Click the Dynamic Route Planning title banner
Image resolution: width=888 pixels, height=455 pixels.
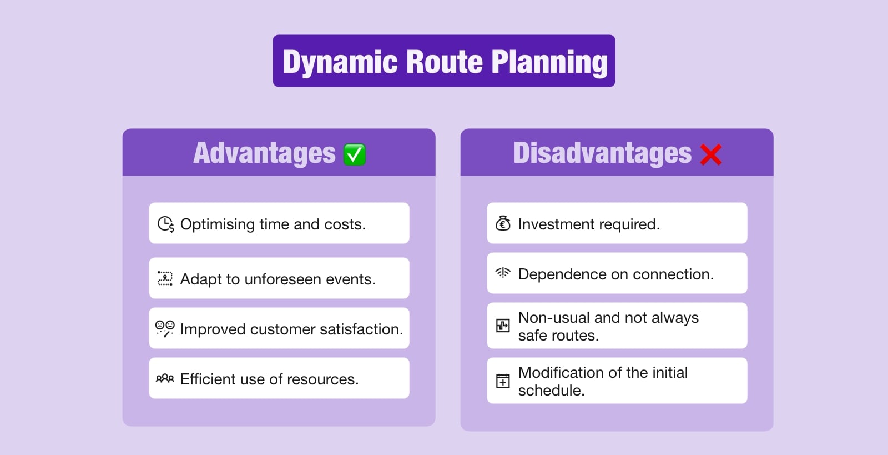(444, 61)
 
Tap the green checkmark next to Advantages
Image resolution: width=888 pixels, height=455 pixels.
(354, 154)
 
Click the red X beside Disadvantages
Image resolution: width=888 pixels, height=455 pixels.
(710, 155)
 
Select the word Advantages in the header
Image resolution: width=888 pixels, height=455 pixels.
(264, 153)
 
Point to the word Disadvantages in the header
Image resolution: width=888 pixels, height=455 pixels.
(602, 153)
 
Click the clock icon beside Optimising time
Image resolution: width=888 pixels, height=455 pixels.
(165, 224)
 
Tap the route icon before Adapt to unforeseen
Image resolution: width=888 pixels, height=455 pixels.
(165, 278)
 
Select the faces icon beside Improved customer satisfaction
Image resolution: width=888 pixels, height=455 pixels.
(165, 328)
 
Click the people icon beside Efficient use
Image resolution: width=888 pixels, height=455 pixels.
(165, 379)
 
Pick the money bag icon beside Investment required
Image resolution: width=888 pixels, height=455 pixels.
(503, 223)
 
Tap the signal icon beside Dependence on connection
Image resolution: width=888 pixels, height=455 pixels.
(503, 273)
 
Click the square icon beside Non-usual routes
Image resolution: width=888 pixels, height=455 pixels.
(503, 326)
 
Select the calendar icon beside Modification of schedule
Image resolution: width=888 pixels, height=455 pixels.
(503, 381)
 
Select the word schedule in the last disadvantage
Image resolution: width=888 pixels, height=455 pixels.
(551, 391)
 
